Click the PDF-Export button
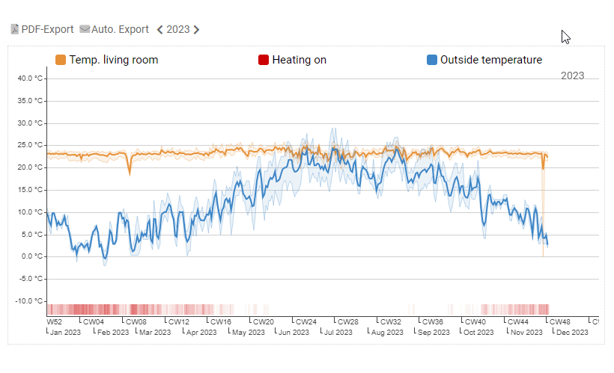(x=42, y=29)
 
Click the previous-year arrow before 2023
(x=159, y=30)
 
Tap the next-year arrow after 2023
(x=196, y=30)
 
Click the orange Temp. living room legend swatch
(x=61, y=60)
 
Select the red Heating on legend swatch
(x=264, y=60)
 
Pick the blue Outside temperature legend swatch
(x=431, y=60)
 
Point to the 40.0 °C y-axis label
(x=31, y=78)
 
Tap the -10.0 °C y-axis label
(x=31, y=301)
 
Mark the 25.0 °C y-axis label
(x=31, y=145)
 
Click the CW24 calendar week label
(x=306, y=322)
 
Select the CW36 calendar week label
(x=434, y=322)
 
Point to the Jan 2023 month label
(x=65, y=332)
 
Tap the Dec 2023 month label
(x=574, y=332)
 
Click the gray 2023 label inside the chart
(x=572, y=75)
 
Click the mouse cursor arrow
(x=565, y=37)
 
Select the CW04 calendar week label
(x=94, y=322)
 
